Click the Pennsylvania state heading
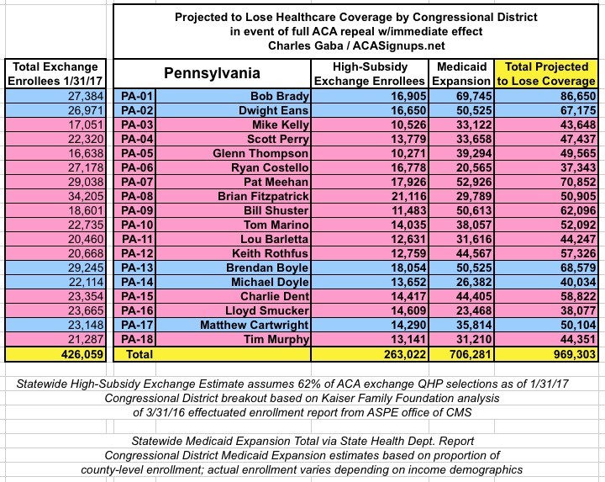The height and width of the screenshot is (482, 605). [x=212, y=73]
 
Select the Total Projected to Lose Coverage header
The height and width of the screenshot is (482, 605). [x=546, y=74]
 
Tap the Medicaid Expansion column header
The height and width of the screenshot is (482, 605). [x=461, y=74]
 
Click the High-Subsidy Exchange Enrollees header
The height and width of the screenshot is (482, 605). [x=370, y=74]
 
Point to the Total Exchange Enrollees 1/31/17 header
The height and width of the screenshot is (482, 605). [x=55, y=74]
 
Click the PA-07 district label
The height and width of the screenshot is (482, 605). [x=137, y=182]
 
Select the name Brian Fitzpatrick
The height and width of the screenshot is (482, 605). [x=263, y=196]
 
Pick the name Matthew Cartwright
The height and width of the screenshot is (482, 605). [x=255, y=325]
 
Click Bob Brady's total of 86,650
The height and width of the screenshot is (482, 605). [x=578, y=96]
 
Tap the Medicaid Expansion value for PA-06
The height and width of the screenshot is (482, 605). [x=474, y=167]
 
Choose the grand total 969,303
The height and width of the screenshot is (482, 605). [x=575, y=354]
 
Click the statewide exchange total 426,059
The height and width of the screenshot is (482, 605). [x=82, y=354]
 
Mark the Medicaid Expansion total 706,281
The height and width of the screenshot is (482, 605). [x=471, y=354]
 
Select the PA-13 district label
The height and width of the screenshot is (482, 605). [x=137, y=267]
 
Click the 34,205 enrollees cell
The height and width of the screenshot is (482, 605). [x=86, y=196]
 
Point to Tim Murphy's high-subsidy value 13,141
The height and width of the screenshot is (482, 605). [x=408, y=339]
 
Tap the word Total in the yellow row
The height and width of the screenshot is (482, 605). [x=139, y=354]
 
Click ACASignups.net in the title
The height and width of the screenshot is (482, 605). [x=398, y=45]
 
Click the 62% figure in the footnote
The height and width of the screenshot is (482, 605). [x=308, y=384]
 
